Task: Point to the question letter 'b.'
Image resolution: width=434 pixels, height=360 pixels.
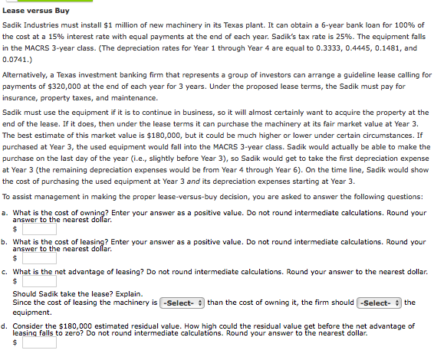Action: click(6, 242)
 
